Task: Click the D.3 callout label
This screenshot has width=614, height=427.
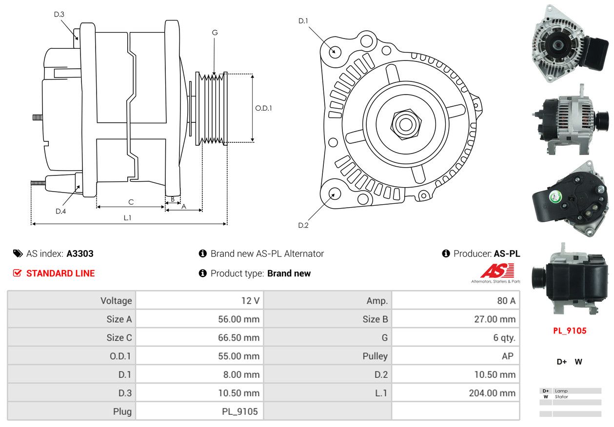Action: click(59, 14)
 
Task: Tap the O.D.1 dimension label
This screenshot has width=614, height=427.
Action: click(263, 108)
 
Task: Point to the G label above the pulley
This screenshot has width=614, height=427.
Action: click(215, 33)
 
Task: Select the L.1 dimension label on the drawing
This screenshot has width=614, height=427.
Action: click(127, 218)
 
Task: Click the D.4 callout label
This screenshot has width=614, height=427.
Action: click(60, 211)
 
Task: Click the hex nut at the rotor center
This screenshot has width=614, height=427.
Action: click(406, 124)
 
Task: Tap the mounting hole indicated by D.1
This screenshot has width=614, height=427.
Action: click(335, 52)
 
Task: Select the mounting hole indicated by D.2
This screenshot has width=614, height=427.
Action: click(335, 194)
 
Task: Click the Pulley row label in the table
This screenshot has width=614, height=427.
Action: click(375, 356)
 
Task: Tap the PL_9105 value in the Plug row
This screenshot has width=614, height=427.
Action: click(240, 411)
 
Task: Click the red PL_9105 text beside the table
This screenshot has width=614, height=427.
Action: click(570, 330)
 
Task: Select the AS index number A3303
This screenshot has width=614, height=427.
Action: click(80, 253)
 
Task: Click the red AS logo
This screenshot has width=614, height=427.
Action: click(497, 271)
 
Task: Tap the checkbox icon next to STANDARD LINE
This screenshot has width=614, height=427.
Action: click(17, 273)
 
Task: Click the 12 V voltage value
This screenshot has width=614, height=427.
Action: click(250, 301)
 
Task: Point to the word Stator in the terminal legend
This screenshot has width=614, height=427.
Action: click(561, 397)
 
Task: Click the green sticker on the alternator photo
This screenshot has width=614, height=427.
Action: click(555, 196)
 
